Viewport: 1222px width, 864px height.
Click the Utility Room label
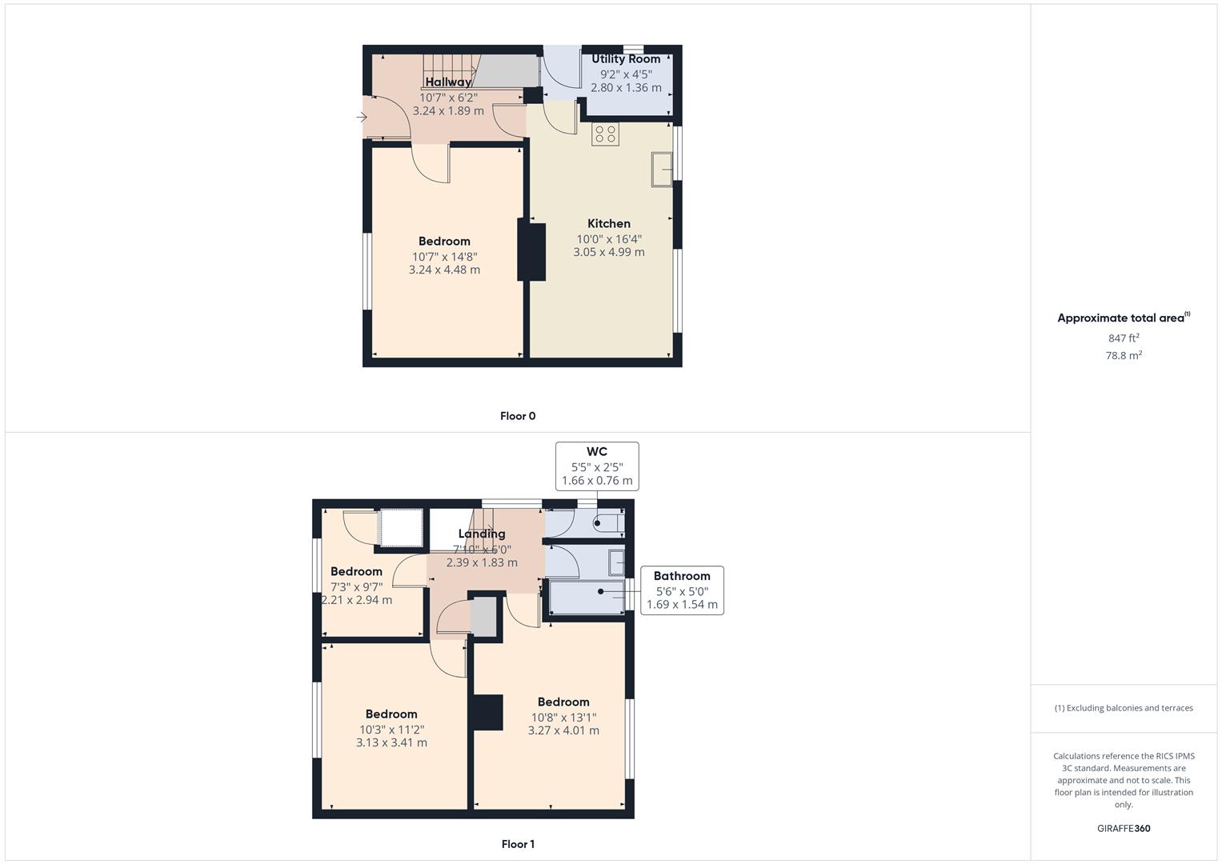click(x=626, y=59)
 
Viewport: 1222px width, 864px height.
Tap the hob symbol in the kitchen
click(x=605, y=134)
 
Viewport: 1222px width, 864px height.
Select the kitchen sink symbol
click(x=662, y=169)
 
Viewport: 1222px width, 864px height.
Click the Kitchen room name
click(x=609, y=224)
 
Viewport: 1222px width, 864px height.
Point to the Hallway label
click(x=448, y=82)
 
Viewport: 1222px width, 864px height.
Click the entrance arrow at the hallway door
click(x=362, y=118)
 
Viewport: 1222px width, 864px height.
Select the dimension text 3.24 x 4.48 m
click(x=444, y=270)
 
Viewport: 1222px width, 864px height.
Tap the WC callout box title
click(x=597, y=452)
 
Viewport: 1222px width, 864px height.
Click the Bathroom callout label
click(x=682, y=576)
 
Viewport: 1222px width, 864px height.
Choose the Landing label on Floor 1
click(x=482, y=534)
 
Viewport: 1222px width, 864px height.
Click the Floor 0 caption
click(x=518, y=416)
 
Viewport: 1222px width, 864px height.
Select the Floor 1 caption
click(x=518, y=844)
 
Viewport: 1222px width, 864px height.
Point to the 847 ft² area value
click(x=1124, y=338)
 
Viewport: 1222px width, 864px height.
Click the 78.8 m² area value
click(x=1124, y=356)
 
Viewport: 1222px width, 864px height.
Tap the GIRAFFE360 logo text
click(x=1124, y=829)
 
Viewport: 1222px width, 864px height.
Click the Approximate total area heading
click(x=1121, y=318)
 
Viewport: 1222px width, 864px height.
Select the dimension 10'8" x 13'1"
click(x=563, y=718)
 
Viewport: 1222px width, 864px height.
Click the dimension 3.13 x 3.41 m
click(x=391, y=742)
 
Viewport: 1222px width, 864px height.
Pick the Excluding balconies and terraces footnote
click(x=1124, y=708)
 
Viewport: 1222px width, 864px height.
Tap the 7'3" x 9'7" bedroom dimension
click(x=356, y=586)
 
